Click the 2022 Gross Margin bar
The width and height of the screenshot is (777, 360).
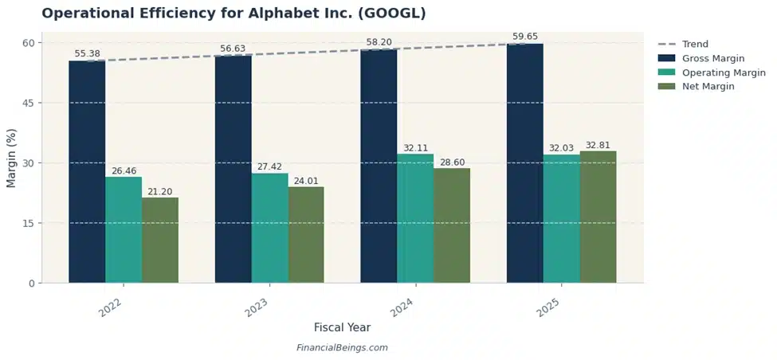(x=87, y=171)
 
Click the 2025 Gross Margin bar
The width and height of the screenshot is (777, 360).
(x=524, y=163)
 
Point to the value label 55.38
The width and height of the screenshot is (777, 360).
(x=88, y=54)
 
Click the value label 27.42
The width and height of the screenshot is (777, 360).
(x=270, y=167)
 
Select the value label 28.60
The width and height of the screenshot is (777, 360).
(x=452, y=162)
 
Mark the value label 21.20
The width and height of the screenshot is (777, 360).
(x=160, y=192)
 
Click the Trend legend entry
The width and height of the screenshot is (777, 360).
(x=695, y=45)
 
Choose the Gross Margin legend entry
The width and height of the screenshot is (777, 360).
(x=712, y=58)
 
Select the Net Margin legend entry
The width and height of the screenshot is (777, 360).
(x=708, y=87)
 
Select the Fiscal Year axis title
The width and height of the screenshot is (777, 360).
(x=342, y=327)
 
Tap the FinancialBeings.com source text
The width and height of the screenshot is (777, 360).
(x=342, y=348)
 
